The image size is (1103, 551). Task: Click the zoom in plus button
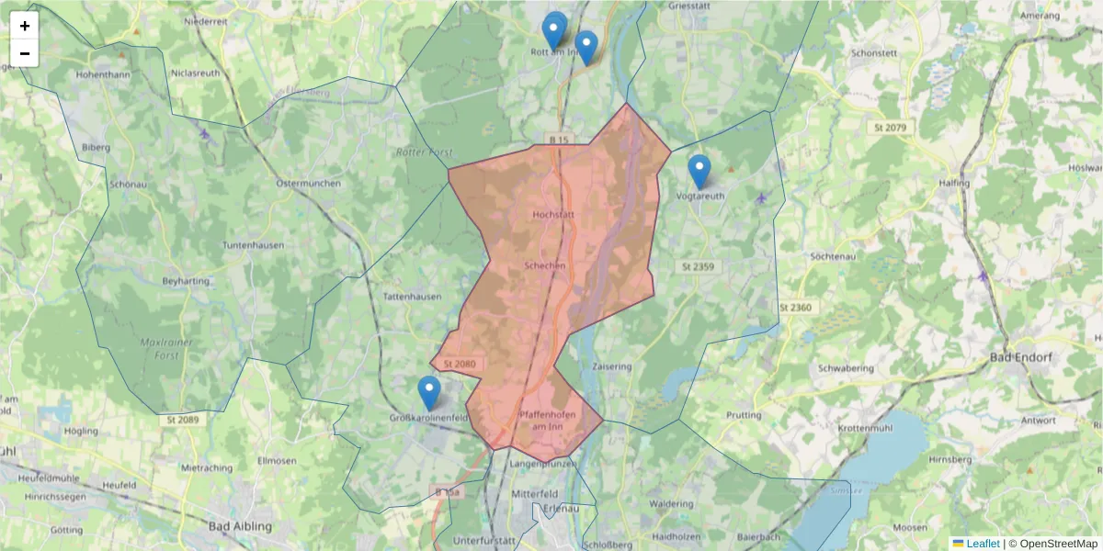click(x=25, y=26)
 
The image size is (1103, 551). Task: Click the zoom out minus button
click(x=25, y=53)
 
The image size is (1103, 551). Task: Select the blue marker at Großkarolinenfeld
click(x=429, y=392)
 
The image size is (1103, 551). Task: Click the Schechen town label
click(x=543, y=264)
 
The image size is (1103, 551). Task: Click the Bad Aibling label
click(x=240, y=526)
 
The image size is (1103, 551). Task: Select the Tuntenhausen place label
click(x=253, y=245)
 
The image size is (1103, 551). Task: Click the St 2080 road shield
click(x=459, y=365)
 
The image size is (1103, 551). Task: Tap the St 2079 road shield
click(x=890, y=127)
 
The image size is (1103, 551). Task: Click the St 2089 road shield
click(x=184, y=420)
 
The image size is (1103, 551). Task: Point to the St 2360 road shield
click(x=795, y=307)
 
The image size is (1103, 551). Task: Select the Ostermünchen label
click(x=308, y=183)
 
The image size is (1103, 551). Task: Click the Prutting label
click(x=744, y=415)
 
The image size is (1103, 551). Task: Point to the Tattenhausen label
click(x=412, y=297)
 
